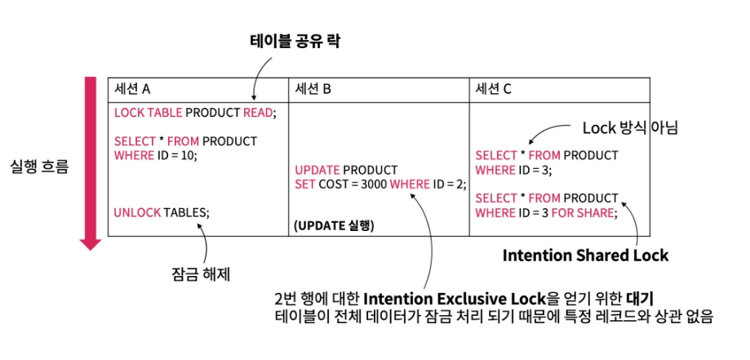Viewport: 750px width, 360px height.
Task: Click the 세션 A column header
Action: pyautogui.click(x=132, y=87)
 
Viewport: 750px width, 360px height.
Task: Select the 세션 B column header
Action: pyautogui.click(x=313, y=87)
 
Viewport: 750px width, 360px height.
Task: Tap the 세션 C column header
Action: pyautogui.click(x=494, y=87)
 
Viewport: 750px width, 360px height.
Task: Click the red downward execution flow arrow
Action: pyautogui.click(x=89, y=163)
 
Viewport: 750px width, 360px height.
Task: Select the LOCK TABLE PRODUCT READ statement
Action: pyautogui.click(x=195, y=113)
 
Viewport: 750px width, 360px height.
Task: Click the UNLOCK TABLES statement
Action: pyautogui.click(x=162, y=211)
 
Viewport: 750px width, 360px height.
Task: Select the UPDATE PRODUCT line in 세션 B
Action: pyautogui.click(x=346, y=170)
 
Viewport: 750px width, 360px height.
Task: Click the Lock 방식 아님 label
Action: pyautogui.click(x=630, y=128)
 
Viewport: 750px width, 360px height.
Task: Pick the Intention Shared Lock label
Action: pyautogui.click(x=585, y=255)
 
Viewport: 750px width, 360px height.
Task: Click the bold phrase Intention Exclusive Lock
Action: pyautogui.click(x=447, y=296)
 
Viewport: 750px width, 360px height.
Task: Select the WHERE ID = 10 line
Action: pyautogui.click(x=156, y=155)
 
